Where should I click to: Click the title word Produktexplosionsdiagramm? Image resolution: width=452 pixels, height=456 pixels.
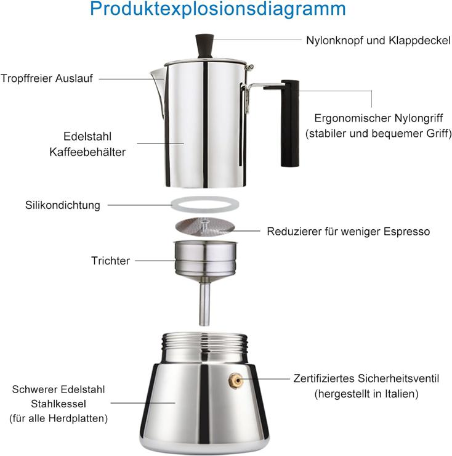tap(218, 9)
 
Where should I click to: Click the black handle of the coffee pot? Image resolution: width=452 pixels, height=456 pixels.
tap(290, 123)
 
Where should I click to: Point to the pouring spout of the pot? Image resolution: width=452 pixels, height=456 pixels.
tap(158, 90)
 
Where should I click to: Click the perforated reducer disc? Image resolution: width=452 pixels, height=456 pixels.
tap(205, 227)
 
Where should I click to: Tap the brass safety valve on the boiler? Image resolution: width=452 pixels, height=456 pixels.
tap(236, 380)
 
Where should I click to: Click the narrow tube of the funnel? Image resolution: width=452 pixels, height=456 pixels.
tap(204, 304)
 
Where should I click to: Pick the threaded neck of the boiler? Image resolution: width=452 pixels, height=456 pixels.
tap(204, 341)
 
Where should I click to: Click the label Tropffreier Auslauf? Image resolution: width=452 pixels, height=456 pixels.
tap(47, 78)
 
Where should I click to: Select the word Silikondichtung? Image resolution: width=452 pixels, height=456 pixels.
tap(62, 205)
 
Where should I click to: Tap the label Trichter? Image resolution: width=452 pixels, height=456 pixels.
tap(110, 261)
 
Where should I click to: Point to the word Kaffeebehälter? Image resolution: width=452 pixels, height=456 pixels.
tap(87, 152)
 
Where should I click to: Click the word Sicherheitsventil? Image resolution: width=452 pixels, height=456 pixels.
tap(398, 378)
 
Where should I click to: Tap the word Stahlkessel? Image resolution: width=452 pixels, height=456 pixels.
tap(59, 404)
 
